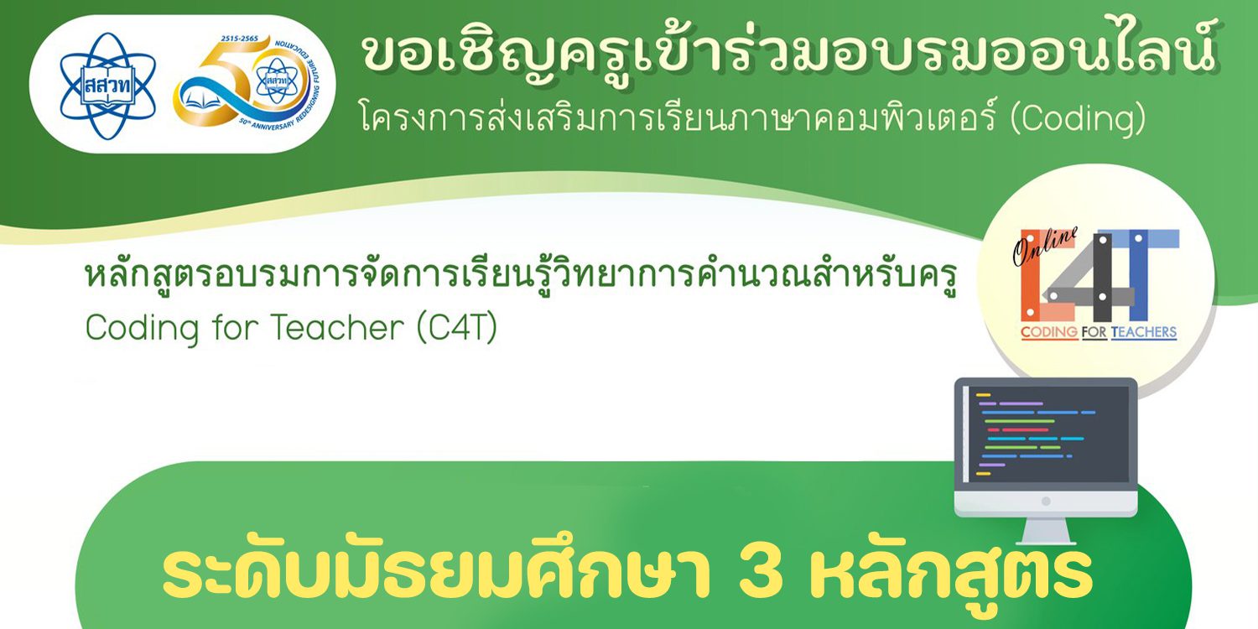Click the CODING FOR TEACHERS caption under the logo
click(x=1098, y=333)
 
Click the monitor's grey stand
click(x=1046, y=531)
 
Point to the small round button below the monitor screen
click(x=1046, y=502)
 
